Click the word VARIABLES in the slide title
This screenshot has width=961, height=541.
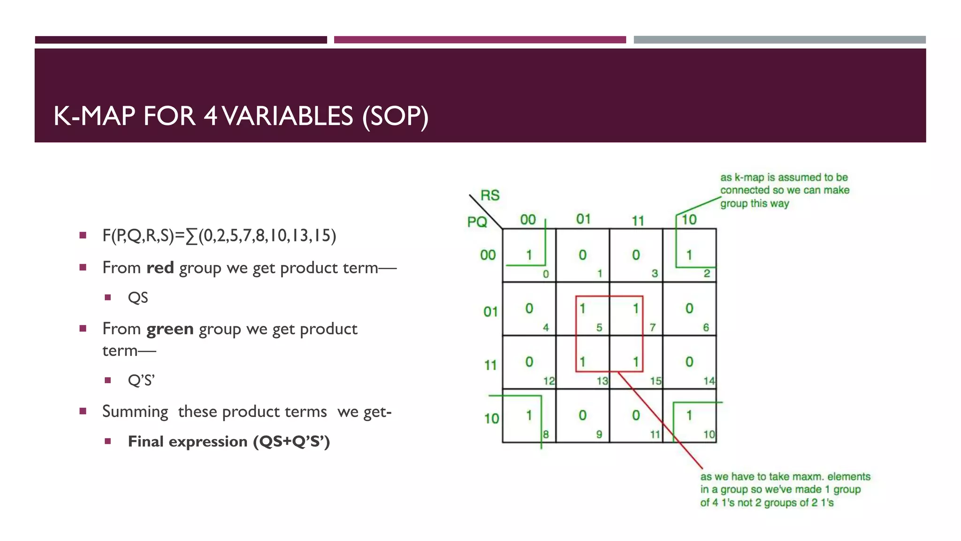coord(287,116)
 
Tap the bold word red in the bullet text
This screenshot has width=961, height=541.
coord(160,268)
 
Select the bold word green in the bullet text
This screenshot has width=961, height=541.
coord(170,329)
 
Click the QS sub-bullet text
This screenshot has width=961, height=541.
coord(138,298)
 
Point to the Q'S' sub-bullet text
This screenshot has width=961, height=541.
coord(141,380)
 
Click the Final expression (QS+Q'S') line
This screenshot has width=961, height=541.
coord(229,441)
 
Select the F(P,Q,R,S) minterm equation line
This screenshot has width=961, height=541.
coord(219,235)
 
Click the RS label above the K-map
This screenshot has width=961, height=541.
coord(490,195)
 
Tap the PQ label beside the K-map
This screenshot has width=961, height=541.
coord(477,222)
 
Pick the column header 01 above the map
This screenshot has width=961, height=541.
coord(583,219)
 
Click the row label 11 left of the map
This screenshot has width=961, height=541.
coord(490,365)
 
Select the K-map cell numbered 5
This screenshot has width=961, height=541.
coord(582,309)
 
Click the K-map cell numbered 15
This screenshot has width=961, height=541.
coord(636,362)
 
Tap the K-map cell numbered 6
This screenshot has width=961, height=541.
coord(689,309)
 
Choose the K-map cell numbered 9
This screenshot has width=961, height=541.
coord(582,416)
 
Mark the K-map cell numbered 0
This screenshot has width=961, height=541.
coord(529,255)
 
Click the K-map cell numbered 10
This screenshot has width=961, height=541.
coord(689,416)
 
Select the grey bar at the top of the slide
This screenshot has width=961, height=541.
coord(779,40)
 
